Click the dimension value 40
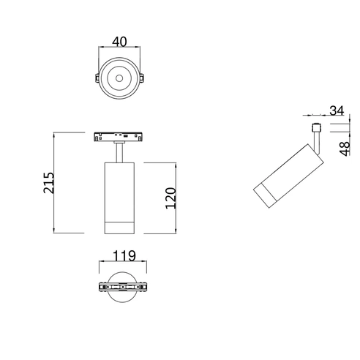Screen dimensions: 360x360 (119, 42)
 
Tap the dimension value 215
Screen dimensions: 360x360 (48, 183)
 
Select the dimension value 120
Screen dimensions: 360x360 (170, 198)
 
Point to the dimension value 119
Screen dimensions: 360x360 (124, 256)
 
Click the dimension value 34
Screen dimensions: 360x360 (337, 110)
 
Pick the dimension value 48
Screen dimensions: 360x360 (345, 149)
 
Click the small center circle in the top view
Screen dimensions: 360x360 (119, 78)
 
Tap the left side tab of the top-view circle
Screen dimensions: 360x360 (97, 78)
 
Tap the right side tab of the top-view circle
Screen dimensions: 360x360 (142, 78)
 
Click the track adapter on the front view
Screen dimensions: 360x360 (119, 137)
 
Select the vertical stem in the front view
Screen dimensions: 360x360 (119, 152)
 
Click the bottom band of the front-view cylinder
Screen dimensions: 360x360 (119, 228)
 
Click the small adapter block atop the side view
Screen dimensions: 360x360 (317, 127)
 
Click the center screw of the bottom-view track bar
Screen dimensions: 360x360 (123, 287)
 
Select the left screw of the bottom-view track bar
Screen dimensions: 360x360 (105, 287)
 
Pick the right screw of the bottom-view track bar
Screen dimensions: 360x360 (140, 287)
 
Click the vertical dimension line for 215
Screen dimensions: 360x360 (54, 183)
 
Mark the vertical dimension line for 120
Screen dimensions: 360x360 (176, 198)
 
